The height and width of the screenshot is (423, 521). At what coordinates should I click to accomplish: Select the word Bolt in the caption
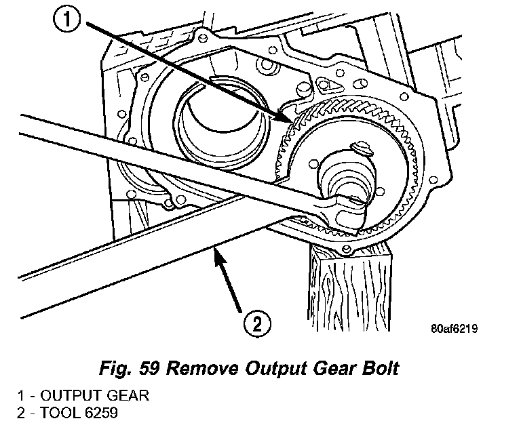point(380,369)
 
